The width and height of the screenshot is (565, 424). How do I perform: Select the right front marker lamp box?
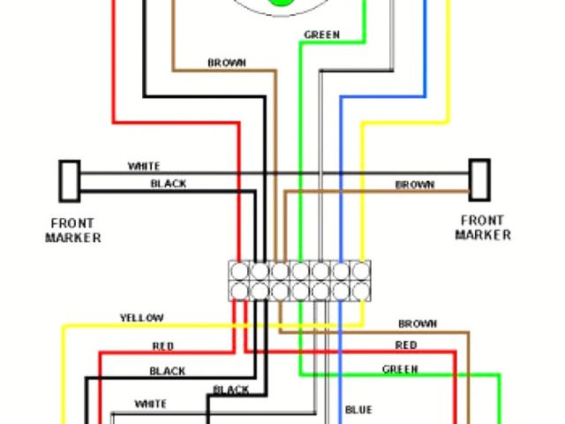coord(478,178)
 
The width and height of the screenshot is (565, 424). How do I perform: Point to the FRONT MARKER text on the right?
coord(482,228)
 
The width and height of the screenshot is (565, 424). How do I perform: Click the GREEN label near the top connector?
coord(321,35)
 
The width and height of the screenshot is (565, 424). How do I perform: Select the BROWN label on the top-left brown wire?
coord(227,63)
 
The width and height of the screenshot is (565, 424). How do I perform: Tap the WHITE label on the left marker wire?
coord(144,166)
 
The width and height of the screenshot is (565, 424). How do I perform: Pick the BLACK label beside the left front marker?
coord(168,184)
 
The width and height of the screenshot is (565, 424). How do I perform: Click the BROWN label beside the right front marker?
coord(414,185)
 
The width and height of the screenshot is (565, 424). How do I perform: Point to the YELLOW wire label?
coord(141,318)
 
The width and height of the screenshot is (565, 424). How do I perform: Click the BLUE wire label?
coord(358,410)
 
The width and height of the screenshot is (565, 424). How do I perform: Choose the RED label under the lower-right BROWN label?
coord(406,345)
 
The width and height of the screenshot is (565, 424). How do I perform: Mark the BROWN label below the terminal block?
coord(418,324)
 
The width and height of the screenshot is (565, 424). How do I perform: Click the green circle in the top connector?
coord(282,3)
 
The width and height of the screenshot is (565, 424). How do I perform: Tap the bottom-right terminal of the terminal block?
coord(361,289)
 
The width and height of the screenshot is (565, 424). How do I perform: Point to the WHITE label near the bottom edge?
coord(149,404)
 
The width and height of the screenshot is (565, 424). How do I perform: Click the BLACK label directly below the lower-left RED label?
coord(167,371)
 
